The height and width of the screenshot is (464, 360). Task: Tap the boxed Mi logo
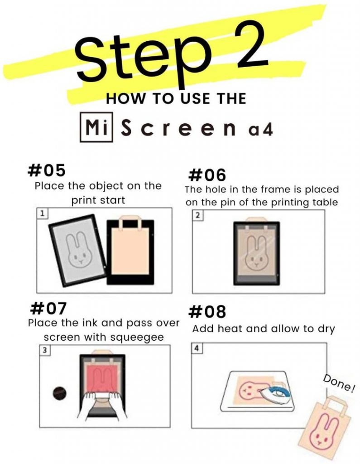(x=96, y=127)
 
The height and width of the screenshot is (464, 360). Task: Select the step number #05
(x=46, y=170)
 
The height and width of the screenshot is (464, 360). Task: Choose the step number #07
(x=48, y=308)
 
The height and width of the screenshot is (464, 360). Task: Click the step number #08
(x=207, y=312)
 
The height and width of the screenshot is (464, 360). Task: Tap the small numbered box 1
(x=42, y=213)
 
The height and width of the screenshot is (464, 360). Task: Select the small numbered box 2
(x=198, y=215)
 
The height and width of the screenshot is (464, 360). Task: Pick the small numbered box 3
(x=44, y=350)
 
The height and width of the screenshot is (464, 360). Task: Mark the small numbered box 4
(x=197, y=348)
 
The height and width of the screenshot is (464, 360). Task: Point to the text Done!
(x=339, y=383)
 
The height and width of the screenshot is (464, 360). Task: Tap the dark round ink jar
(x=59, y=393)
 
